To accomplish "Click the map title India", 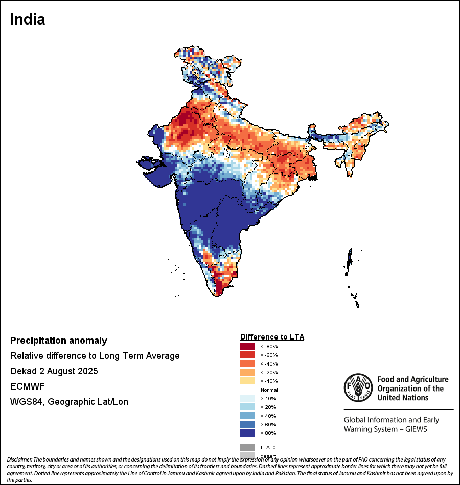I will coord(28,19).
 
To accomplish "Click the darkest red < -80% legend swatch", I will coord(247,346).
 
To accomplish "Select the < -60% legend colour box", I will coord(247,355).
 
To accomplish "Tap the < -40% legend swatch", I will coord(247,363).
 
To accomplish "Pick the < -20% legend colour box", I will coord(247,372).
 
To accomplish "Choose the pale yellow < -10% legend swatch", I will coord(247,381).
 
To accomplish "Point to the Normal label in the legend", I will coord(269,390).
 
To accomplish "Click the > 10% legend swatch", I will coord(247,398).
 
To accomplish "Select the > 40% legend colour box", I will coord(247,416).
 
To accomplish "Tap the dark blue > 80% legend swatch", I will coord(247,433).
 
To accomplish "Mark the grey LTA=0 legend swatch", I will coord(247,447).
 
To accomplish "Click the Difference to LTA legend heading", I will coord(272,337).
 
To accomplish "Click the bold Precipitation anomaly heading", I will coord(59,341).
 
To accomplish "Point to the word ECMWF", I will coord(27,386).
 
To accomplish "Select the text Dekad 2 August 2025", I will coord(54,371).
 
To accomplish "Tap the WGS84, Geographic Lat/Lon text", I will coord(69,402).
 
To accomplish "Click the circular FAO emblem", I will coord(357,387).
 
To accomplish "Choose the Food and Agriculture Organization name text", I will coord(412,388).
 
